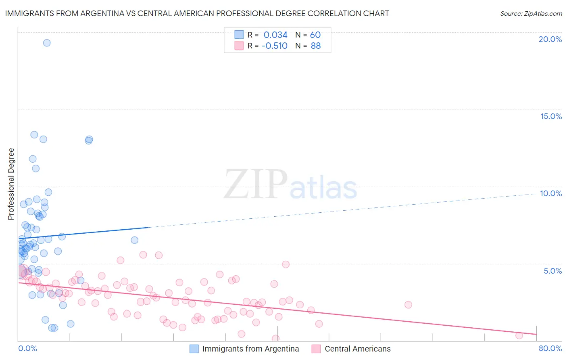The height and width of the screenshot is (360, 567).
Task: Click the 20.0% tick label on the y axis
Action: tap(550, 39)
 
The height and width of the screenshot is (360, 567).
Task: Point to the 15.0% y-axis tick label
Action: tap(551, 116)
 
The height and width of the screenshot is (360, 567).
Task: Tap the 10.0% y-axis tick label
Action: tap(551, 193)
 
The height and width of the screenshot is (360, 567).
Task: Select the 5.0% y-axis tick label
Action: tap(552, 271)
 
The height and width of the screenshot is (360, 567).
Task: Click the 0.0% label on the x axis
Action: tap(27, 348)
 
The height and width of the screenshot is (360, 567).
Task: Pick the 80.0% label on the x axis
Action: tap(550, 348)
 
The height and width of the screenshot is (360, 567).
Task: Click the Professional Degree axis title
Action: tap(11, 184)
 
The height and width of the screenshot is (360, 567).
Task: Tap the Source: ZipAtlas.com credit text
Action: tap(531, 13)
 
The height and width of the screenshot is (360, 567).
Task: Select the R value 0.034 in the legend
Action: tap(275, 35)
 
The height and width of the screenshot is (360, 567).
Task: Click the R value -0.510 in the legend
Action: tap(274, 46)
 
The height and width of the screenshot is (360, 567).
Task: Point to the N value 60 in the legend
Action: tap(315, 35)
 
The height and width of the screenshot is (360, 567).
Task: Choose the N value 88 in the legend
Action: tap(316, 46)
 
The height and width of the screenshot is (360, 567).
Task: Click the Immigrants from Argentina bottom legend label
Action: tap(250, 349)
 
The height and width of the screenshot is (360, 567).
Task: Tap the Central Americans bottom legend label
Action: tap(358, 349)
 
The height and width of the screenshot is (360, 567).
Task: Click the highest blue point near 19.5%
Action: tap(47, 43)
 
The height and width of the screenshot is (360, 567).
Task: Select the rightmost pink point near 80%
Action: tap(519, 335)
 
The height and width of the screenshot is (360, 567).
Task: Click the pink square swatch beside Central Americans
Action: tap(316, 349)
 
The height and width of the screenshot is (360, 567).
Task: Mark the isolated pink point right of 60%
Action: tap(408, 305)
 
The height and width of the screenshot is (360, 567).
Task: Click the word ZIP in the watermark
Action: tap(256, 185)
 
